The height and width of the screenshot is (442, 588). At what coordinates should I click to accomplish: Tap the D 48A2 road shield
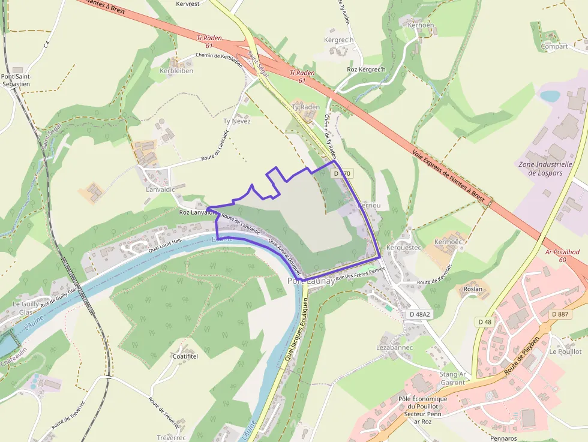pyautogui.click(x=419, y=314)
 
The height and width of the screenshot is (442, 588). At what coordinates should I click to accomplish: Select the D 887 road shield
pyautogui.click(x=560, y=314)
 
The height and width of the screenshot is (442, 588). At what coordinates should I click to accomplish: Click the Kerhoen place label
pyautogui.click(x=420, y=25)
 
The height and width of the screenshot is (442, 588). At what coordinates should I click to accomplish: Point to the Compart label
pyautogui.click(x=554, y=46)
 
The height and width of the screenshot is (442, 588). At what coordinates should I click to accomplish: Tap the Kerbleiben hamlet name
pyautogui.click(x=176, y=71)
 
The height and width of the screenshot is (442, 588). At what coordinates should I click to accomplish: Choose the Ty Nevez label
pyautogui.click(x=236, y=121)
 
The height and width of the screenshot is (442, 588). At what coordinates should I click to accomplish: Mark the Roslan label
pyautogui.click(x=473, y=289)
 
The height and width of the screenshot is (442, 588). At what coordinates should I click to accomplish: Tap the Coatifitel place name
pyautogui.click(x=185, y=356)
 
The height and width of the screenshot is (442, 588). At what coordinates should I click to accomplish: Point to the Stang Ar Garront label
pyautogui.click(x=453, y=378)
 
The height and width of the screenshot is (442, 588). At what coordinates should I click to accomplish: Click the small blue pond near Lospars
pyautogui.click(x=550, y=96)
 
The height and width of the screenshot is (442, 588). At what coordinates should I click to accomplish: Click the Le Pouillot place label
pyautogui.click(x=565, y=351)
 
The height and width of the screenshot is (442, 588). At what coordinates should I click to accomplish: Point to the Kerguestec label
pyautogui.click(x=405, y=247)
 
